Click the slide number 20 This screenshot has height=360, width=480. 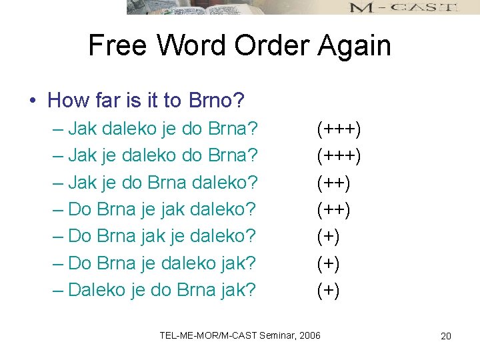coord(446,336)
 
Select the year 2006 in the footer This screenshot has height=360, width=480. coord(309,334)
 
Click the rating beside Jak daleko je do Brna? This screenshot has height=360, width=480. coord(339,128)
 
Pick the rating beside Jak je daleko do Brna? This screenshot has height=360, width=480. coord(339,155)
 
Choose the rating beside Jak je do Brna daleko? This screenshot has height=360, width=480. coord(333,183)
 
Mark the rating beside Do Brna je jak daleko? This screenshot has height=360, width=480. coord(333,209)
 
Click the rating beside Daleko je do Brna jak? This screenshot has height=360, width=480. coord(328,291)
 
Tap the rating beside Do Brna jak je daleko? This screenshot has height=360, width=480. coord(328,237)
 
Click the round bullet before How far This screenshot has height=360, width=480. coord(32,101)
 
